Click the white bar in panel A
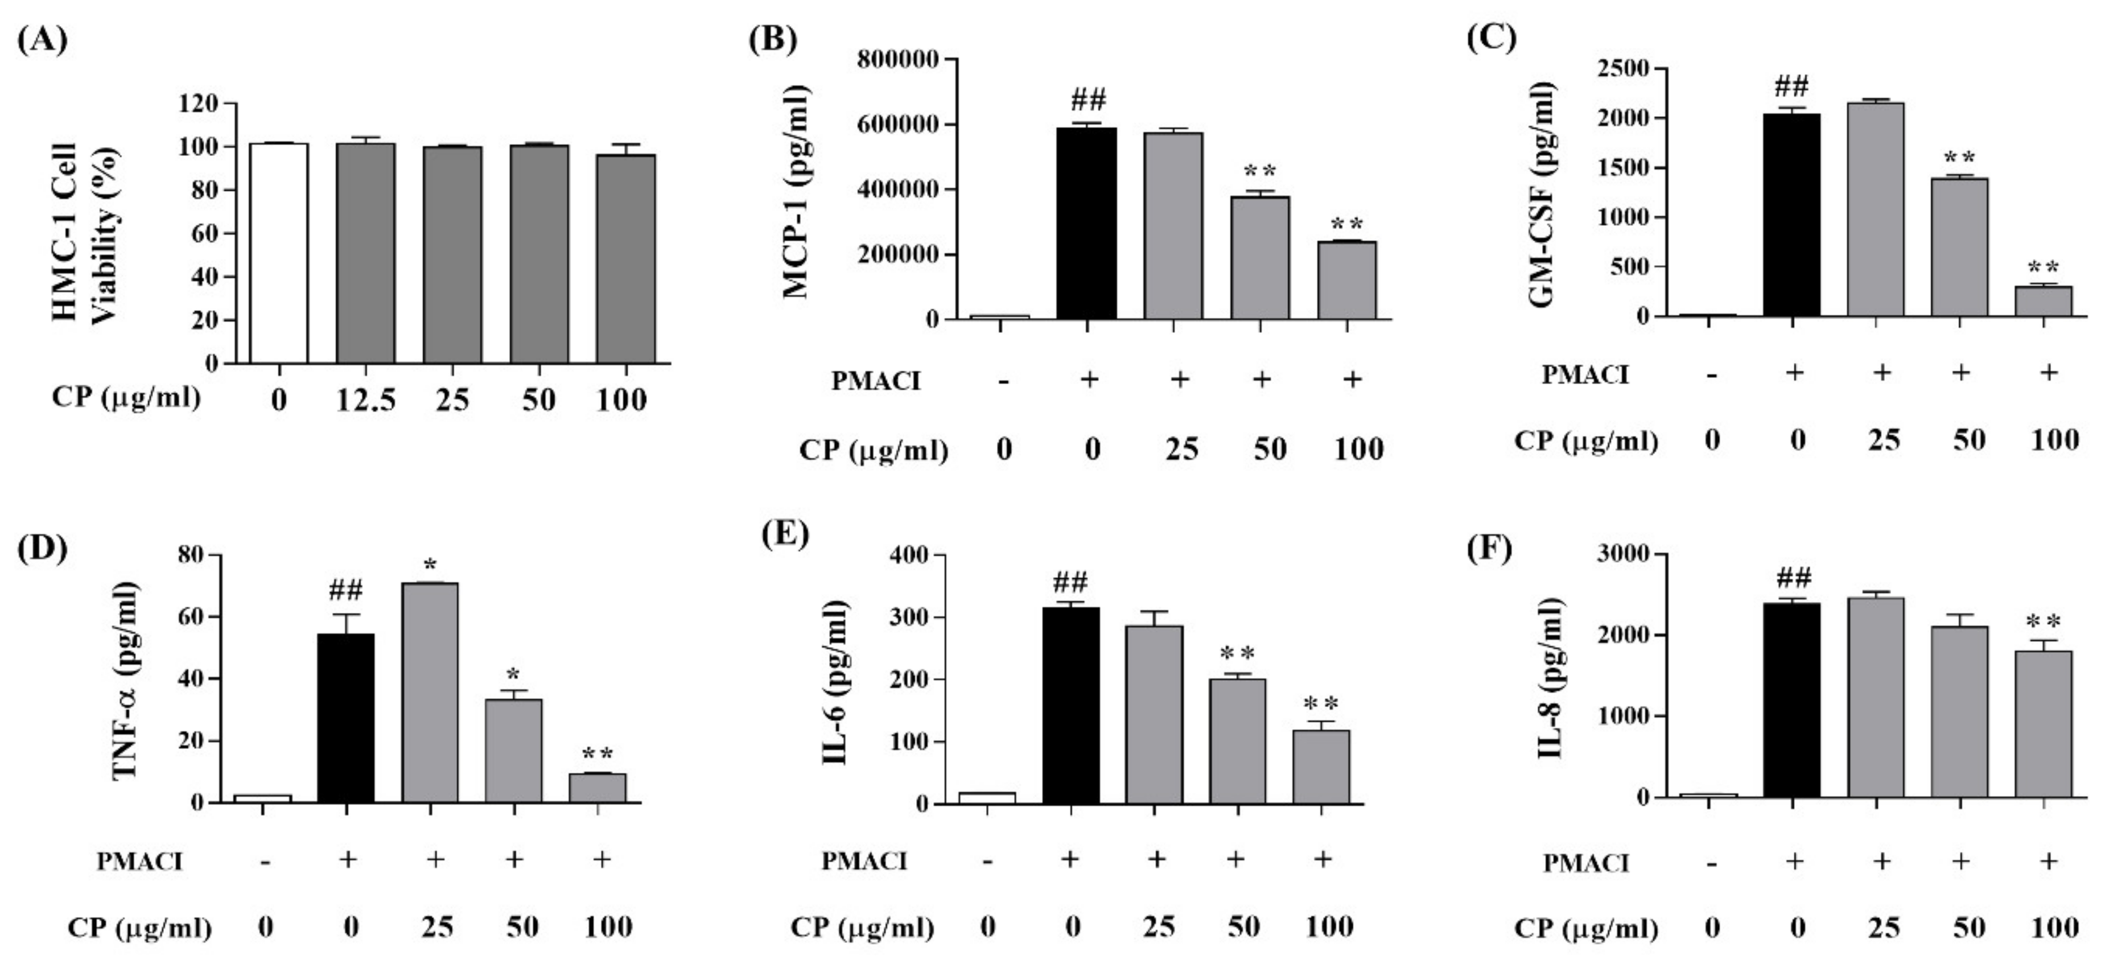(279, 253)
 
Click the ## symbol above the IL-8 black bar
(1793, 578)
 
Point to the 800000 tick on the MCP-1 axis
(897, 60)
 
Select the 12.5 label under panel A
(365, 399)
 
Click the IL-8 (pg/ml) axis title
(1550, 678)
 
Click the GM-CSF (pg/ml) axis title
(1540, 196)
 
